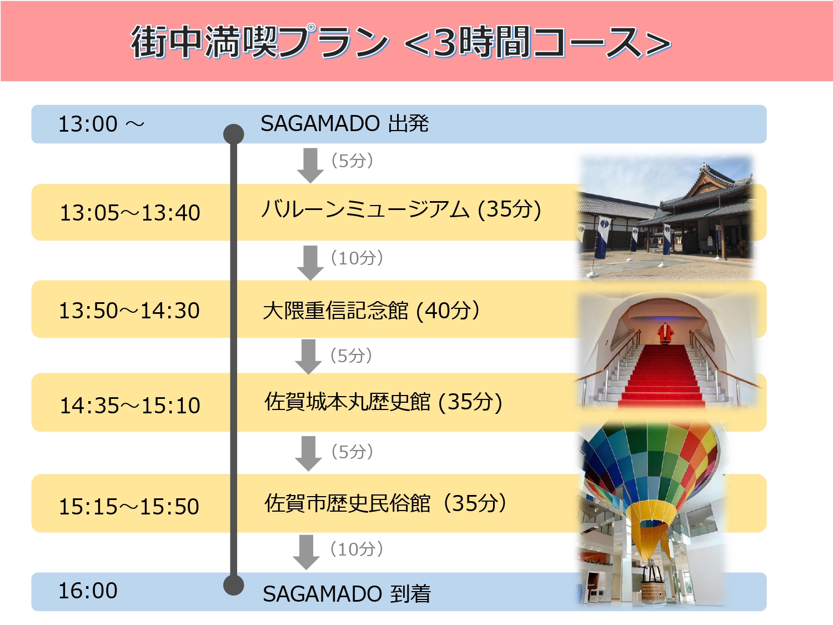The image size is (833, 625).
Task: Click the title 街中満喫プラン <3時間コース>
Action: (x=401, y=42)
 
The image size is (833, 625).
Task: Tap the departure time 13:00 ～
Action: (x=101, y=124)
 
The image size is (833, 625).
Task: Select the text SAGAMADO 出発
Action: (x=345, y=123)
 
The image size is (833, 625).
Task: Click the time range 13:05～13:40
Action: (x=130, y=213)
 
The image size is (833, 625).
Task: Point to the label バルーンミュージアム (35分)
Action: (x=401, y=209)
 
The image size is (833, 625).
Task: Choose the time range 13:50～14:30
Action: (x=129, y=311)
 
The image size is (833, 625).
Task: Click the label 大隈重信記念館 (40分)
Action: (x=371, y=311)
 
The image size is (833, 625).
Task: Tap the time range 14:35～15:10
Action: (x=130, y=406)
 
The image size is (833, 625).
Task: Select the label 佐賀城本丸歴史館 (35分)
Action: (x=383, y=402)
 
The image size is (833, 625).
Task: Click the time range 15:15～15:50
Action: (x=129, y=506)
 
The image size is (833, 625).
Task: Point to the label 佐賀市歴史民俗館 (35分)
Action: (x=385, y=503)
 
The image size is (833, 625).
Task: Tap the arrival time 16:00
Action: (x=88, y=591)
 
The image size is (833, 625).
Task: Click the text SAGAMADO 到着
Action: (x=347, y=593)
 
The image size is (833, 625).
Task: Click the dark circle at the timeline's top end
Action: (x=233, y=134)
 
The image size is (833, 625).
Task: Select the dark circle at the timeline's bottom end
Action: (x=233, y=585)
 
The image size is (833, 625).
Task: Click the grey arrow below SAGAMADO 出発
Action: (x=310, y=166)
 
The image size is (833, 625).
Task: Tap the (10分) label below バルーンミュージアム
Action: (x=357, y=258)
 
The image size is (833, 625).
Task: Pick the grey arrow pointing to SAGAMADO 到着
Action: (x=306, y=553)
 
